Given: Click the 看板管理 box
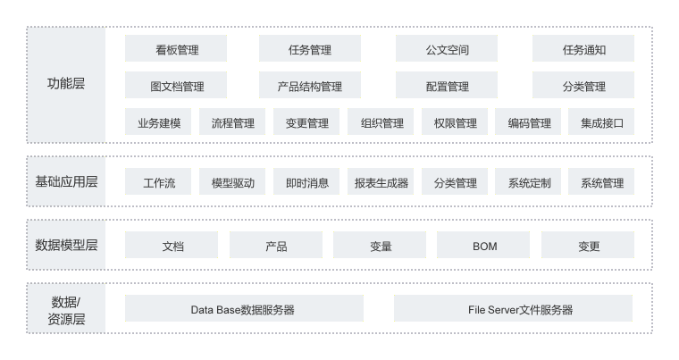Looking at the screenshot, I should click(x=176, y=49).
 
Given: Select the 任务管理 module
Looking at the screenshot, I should click(x=310, y=49).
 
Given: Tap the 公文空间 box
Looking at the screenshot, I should click(x=447, y=49).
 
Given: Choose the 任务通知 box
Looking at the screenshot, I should click(x=583, y=49).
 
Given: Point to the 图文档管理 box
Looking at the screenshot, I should click(x=176, y=86).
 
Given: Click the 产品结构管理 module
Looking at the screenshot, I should click(x=310, y=86).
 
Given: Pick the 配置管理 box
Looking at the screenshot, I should click(x=447, y=86).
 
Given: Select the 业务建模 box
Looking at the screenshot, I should click(x=158, y=122).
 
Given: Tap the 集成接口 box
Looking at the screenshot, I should click(x=601, y=122).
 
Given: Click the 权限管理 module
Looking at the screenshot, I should click(x=455, y=122).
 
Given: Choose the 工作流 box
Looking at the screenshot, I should click(x=158, y=183).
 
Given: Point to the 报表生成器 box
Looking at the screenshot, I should click(x=381, y=183).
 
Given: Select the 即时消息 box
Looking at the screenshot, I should click(x=306, y=183).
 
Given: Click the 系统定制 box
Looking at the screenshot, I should click(x=528, y=183).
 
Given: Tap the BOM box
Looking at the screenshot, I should click(x=483, y=246).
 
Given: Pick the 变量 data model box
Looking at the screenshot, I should click(x=380, y=246).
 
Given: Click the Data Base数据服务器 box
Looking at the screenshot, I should click(x=244, y=309).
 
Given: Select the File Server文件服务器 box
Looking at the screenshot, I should click(x=513, y=309).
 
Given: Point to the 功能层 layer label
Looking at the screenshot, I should click(x=66, y=85).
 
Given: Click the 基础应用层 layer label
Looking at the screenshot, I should click(x=66, y=182).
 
